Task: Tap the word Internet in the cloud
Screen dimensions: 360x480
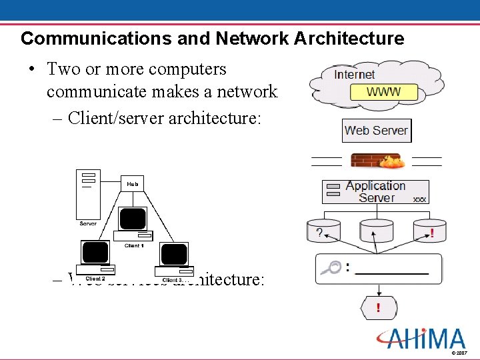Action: click(x=354, y=75)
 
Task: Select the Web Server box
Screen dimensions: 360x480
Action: click(x=376, y=131)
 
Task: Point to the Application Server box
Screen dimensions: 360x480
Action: click(x=375, y=191)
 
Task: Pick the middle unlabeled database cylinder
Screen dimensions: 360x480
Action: click(x=376, y=231)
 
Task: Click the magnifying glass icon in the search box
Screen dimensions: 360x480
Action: click(x=330, y=268)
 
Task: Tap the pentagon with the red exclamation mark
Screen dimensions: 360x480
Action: click(x=379, y=308)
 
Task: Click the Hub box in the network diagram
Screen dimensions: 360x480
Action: click(x=132, y=183)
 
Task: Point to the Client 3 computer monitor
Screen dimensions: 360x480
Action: click(x=174, y=255)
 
